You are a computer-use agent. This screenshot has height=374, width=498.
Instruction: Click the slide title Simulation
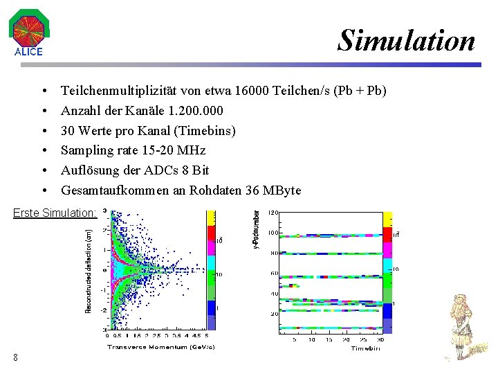tap(407, 41)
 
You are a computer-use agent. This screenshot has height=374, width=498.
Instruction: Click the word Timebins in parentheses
tap(208, 131)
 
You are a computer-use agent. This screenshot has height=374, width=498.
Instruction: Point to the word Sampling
tap(86, 150)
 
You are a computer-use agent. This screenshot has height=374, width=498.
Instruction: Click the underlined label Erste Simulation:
tap(54, 213)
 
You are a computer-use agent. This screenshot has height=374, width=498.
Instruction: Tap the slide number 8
tap(15, 357)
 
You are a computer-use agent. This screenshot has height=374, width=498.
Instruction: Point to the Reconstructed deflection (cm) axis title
tap(89, 271)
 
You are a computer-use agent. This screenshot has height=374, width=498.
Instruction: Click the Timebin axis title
tap(365, 349)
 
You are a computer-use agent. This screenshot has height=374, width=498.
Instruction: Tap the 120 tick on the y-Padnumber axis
tap(274, 213)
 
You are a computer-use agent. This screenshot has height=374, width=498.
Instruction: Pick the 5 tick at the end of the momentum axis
tap(206, 336)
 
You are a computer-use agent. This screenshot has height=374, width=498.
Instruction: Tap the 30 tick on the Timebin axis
tap(380, 339)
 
